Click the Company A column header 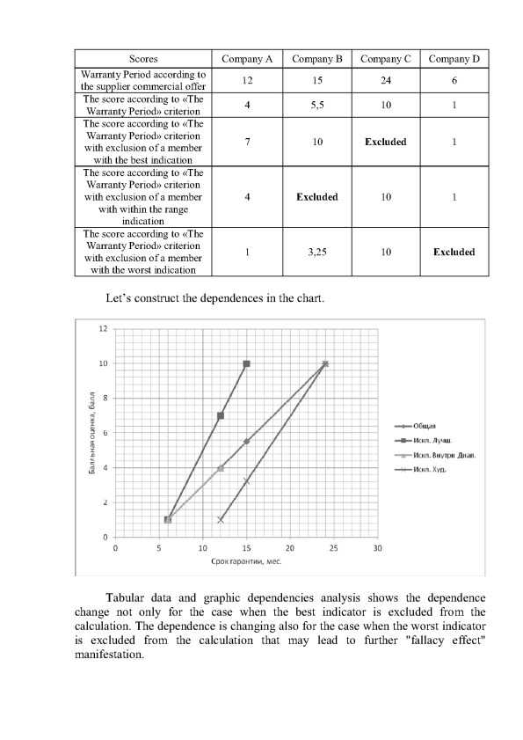point(248,59)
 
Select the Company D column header point(454,59)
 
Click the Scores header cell point(143,59)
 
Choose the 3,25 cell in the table point(316,252)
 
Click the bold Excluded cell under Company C point(385,143)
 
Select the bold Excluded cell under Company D point(454,252)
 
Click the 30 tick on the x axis point(377,547)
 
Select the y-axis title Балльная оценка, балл point(91,434)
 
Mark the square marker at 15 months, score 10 point(246,363)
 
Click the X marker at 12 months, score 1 point(221,519)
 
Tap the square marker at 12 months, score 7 point(221,415)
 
